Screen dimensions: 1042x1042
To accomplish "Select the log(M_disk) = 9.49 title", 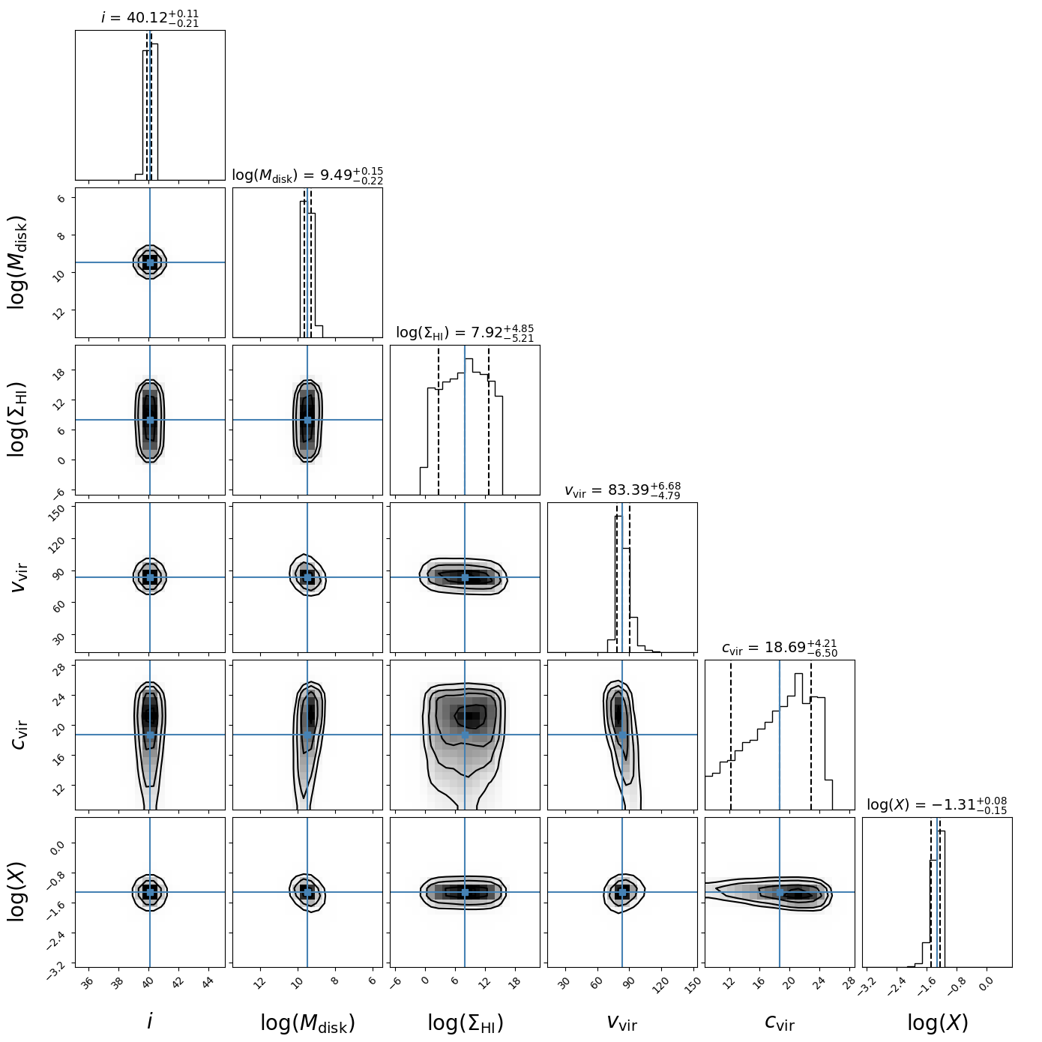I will point(307,175).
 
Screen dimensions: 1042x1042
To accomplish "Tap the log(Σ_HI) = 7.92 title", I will point(465,332).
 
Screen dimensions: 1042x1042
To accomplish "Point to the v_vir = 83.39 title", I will point(622,491).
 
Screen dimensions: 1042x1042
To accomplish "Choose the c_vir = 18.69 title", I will point(780,648).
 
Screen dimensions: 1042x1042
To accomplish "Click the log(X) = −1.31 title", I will point(937,805).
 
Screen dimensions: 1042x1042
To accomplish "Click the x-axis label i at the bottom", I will point(150,1021).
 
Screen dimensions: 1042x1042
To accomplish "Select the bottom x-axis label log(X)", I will point(937,1023).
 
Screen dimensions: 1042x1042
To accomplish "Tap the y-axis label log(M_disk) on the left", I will point(18,262).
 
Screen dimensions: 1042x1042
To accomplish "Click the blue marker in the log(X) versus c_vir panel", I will point(780,892).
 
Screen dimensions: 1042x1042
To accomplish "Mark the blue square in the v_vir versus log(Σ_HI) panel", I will point(465,577).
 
